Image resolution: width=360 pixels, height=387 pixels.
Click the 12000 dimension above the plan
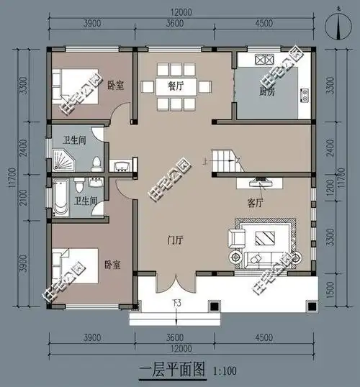[181, 14]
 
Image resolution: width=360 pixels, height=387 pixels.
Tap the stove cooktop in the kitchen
[258, 58]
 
